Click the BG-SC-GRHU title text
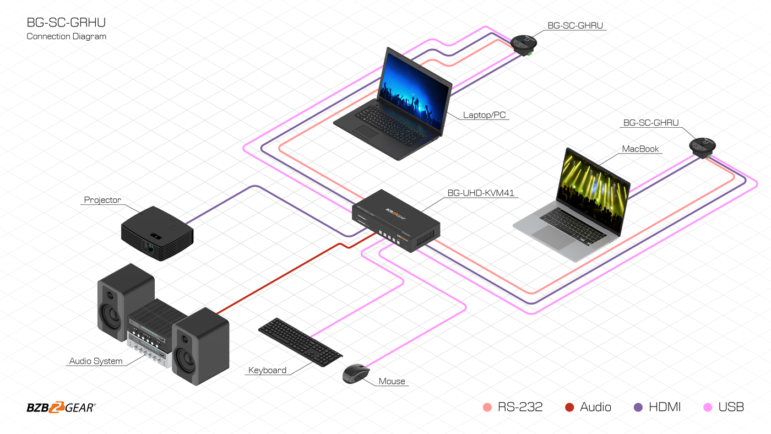coord(66,23)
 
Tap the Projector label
coord(102,200)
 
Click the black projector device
coord(157,232)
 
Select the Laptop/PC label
coord(484,115)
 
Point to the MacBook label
coord(640,149)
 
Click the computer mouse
coord(356,374)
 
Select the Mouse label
coord(392,381)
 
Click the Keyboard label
coord(267,370)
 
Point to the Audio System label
coord(96,361)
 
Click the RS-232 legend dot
coord(487,408)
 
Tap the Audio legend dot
coord(569,408)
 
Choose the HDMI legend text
coord(665,407)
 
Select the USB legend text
coord(731,407)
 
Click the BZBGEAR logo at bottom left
coord(61,408)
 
